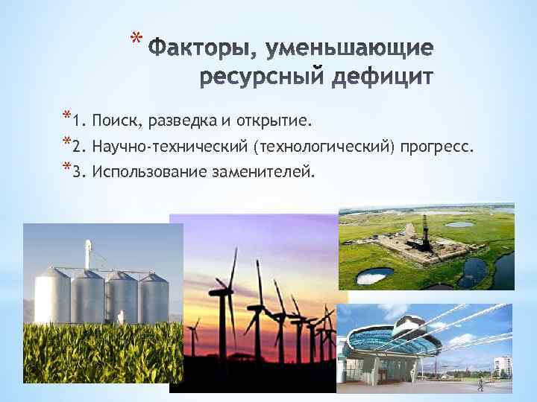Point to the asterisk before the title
134,39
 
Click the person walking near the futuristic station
480,383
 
